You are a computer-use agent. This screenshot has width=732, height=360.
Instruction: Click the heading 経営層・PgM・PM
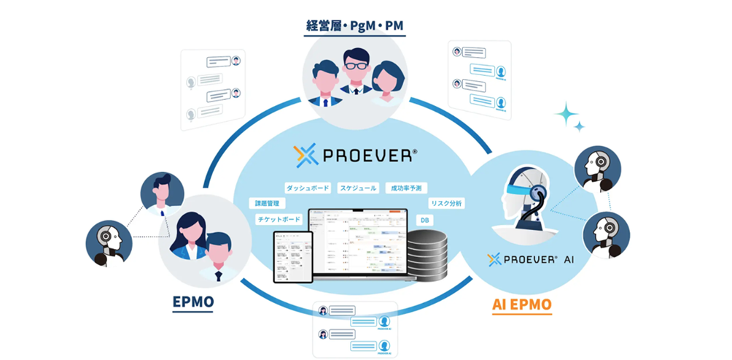click(354, 27)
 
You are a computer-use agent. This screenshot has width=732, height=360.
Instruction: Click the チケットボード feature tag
click(279, 219)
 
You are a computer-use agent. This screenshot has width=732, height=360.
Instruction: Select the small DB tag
click(423, 219)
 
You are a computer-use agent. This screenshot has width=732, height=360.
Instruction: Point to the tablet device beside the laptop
click(292, 256)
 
